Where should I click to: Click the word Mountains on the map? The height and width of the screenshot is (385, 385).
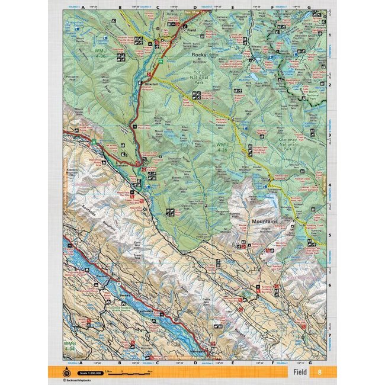pos(265,223)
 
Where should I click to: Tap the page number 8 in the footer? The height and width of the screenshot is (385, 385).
pos(319,372)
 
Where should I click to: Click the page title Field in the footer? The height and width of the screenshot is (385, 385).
pos(300,372)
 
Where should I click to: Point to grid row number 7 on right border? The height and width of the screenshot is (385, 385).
pos(329,335)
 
